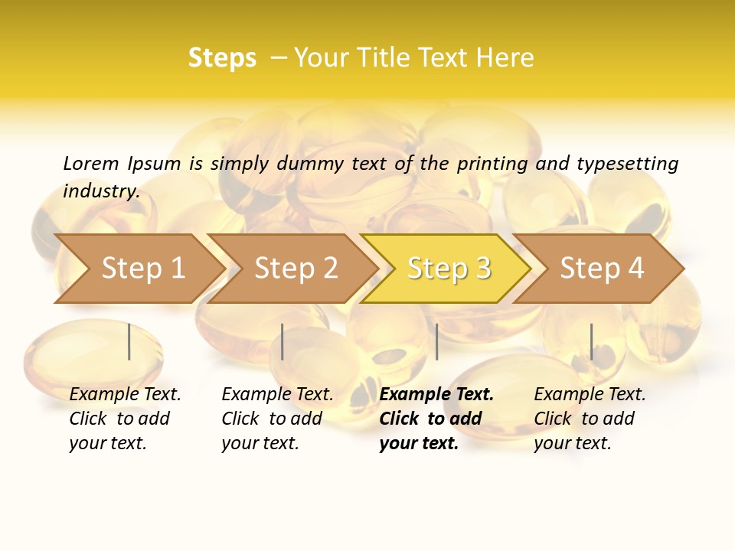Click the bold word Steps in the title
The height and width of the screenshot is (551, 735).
tap(222, 58)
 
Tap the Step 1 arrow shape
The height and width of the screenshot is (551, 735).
tap(142, 268)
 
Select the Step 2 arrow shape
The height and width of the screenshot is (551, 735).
tap(296, 268)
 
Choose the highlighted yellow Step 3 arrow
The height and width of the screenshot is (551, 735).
tap(449, 268)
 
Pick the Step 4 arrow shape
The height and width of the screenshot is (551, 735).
tap(602, 268)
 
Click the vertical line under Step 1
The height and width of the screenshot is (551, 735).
tap(129, 341)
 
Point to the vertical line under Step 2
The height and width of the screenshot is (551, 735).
tap(283, 341)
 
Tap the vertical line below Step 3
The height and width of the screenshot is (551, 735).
tap(436, 341)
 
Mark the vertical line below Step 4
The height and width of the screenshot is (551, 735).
tap(591, 341)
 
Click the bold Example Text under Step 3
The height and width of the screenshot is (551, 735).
tap(436, 395)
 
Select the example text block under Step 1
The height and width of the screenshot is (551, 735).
tap(125, 419)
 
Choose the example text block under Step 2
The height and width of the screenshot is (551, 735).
tap(277, 419)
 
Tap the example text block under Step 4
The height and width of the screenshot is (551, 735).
tap(590, 419)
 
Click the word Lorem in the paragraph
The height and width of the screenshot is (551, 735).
tap(91, 164)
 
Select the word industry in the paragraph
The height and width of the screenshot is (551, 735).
tap(101, 191)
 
